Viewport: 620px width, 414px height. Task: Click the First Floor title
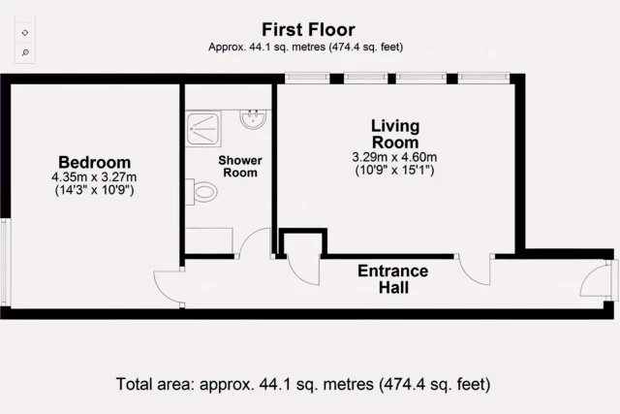pyautogui.click(x=308, y=30)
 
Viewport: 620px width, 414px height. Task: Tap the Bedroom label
pyautogui.click(x=95, y=162)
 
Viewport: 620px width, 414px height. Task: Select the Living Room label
pyautogui.click(x=395, y=134)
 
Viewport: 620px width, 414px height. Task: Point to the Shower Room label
pyautogui.click(x=240, y=166)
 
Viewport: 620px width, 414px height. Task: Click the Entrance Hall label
pyautogui.click(x=393, y=279)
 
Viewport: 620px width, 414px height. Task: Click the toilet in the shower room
pyautogui.click(x=201, y=192)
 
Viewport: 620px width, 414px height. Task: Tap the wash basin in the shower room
pyautogui.click(x=254, y=119)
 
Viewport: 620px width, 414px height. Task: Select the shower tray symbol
pyautogui.click(x=203, y=129)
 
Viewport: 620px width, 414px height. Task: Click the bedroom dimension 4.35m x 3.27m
pyautogui.click(x=94, y=176)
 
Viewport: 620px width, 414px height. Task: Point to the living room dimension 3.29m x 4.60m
pyautogui.click(x=394, y=157)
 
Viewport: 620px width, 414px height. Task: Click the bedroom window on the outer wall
pyautogui.click(x=4, y=263)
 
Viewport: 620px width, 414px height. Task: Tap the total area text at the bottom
pyautogui.click(x=303, y=384)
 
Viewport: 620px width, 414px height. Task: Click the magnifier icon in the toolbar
pyautogui.click(x=25, y=52)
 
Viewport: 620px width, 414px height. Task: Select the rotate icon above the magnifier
pyautogui.click(x=25, y=33)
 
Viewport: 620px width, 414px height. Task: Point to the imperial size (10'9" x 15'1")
pyautogui.click(x=394, y=171)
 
